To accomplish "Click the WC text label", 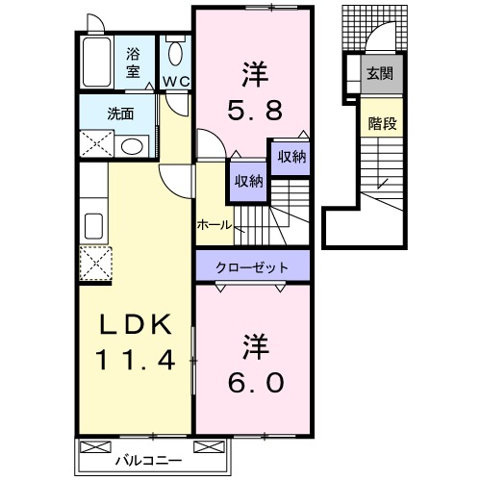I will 174,82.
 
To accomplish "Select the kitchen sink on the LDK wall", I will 95,226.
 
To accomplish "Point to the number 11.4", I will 137,361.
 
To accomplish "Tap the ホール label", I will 214,224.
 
